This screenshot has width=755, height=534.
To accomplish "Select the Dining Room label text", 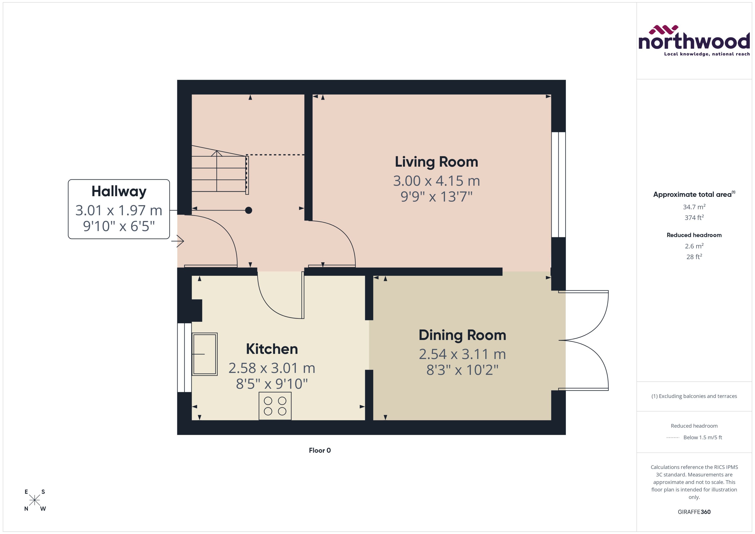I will [462, 335].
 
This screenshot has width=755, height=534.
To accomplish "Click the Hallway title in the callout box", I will [119, 191].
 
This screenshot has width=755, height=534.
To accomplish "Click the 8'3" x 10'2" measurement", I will [462, 370].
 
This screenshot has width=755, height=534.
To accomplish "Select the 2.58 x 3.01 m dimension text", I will [272, 368].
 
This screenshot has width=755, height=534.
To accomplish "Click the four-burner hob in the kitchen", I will [275, 406].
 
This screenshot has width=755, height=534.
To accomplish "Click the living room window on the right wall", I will [558, 185].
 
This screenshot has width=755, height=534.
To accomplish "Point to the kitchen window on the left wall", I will [184, 357].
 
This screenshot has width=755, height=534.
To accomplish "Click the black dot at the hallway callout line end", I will [249, 210].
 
